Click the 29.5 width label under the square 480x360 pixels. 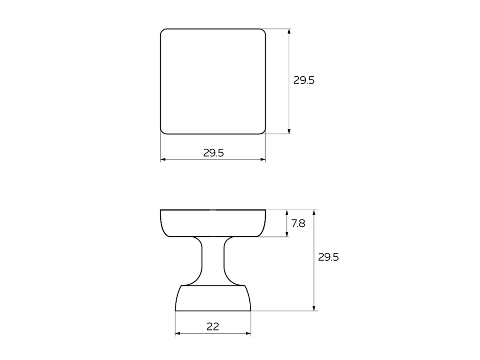pos(213,153)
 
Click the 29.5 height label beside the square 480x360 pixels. pos(304,80)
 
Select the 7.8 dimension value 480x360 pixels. pos(298,224)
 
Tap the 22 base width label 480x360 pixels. pos(213,327)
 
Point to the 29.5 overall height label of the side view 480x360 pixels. pos(328,257)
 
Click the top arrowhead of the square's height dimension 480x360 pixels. pos(289,31)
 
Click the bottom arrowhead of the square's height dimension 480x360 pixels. pos(289,131)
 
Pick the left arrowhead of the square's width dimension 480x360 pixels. pos(163,160)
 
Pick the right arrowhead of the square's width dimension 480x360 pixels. pos(263,160)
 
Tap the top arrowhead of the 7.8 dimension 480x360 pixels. pos(287,212)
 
